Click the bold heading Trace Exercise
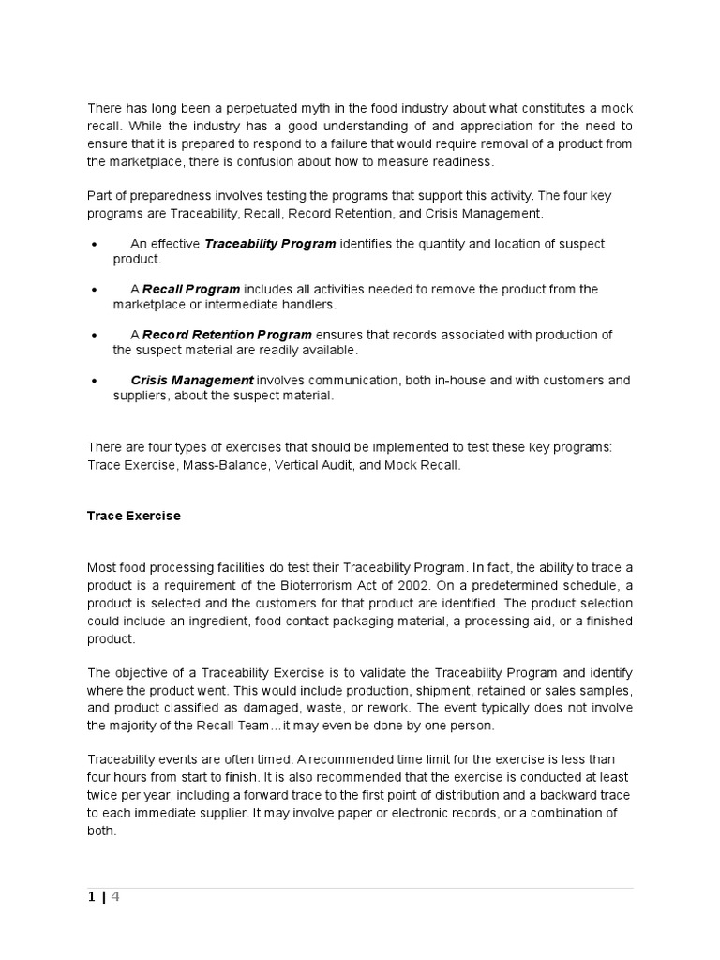click(134, 516)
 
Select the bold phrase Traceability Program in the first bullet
click(270, 244)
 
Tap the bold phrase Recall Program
click(191, 289)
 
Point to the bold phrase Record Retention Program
click(228, 335)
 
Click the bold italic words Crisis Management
click(191, 380)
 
